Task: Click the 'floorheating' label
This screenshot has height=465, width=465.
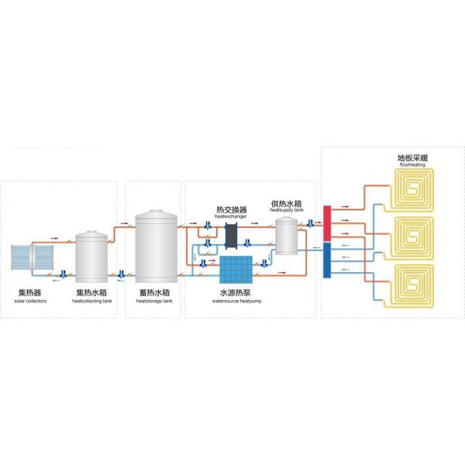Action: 412,165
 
